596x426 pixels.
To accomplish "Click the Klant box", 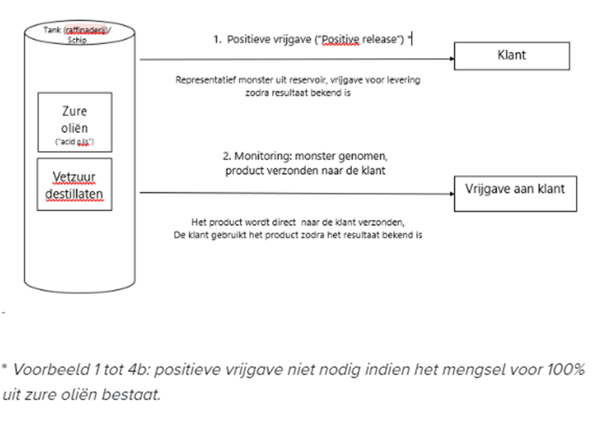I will [x=512, y=56].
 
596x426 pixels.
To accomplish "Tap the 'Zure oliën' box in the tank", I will [x=74, y=122].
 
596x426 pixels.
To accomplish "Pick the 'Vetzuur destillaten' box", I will [x=74, y=184].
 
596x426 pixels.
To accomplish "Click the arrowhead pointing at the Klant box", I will [x=450, y=59].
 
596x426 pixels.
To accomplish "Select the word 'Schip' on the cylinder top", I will [x=78, y=39].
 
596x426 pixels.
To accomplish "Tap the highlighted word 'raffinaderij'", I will [x=87, y=29].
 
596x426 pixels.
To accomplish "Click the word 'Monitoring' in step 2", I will [x=259, y=156].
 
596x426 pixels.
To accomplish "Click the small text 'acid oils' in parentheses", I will [x=74, y=144].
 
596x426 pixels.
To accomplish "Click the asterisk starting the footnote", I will [x=5, y=369].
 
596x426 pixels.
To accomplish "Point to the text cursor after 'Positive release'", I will [x=412, y=39].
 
